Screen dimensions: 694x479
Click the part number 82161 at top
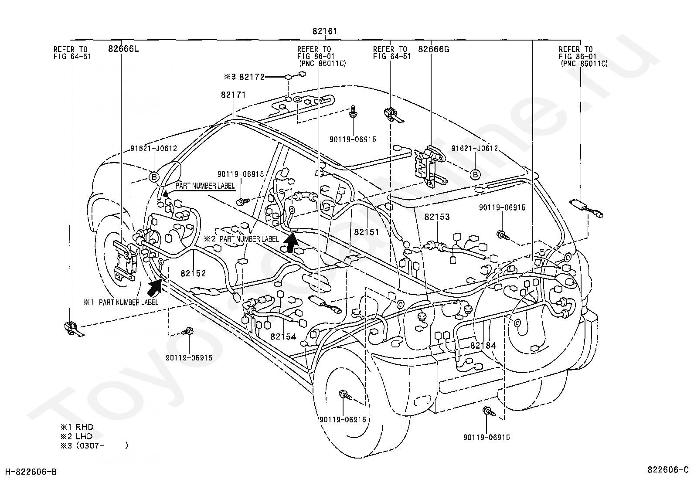(x=325, y=31)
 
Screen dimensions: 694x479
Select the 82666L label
(x=123, y=49)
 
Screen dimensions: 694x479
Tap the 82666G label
(x=433, y=49)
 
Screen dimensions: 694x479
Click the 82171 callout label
(x=233, y=95)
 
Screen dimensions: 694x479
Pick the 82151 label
(x=367, y=232)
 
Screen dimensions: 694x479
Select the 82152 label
(x=193, y=273)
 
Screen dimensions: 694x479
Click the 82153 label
(x=437, y=217)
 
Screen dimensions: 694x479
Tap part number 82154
(x=283, y=336)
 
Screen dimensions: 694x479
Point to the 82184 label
(x=483, y=345)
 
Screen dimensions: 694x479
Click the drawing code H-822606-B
(x=31, y=472)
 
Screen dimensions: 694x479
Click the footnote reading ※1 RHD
(x=77, y=427)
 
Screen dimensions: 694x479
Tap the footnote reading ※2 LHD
(x=77, y=436)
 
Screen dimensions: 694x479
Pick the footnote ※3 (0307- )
(x=94, y=445)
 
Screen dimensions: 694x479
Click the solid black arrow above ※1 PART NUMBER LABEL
(x=155, y=287)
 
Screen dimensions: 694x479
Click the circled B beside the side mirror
(x=154, y=177)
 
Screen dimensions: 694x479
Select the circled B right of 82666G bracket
(x=475, y=175)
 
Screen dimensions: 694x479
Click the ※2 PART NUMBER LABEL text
(x=242, y=239)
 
